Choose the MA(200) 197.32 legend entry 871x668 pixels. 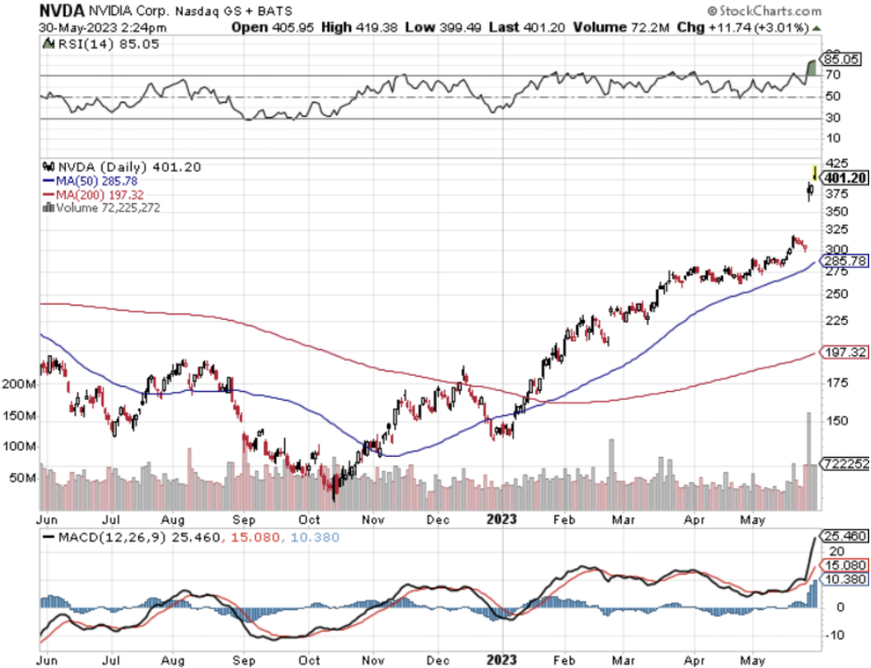pyautogui.click(x=97, y=193)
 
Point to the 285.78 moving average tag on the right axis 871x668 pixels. pyautogui.click(x=844, y=261)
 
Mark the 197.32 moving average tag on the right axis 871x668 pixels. pyautogui.click(x=844, y=353)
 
